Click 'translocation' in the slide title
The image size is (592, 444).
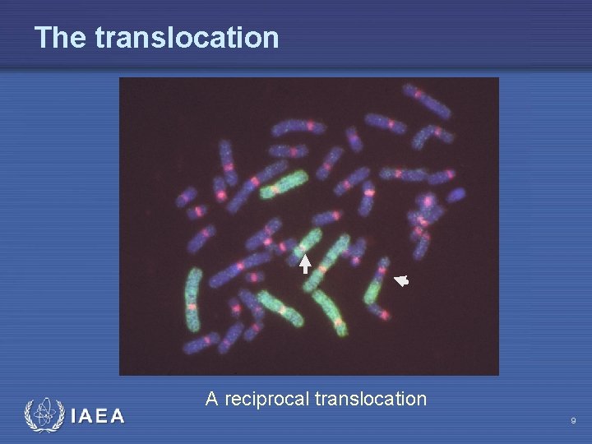point(187,37)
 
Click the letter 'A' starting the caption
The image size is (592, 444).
point(211,400)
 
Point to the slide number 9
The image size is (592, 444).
point(573,421)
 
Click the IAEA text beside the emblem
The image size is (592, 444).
point(98,416)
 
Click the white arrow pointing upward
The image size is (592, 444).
point(304,264)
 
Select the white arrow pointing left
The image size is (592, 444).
point(400,281)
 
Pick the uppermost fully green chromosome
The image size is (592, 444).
point(284,185)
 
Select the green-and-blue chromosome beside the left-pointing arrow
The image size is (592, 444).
point(377,288)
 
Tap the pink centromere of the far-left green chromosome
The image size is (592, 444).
point(192,306)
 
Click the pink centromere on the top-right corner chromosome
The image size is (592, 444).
point(420,94)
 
